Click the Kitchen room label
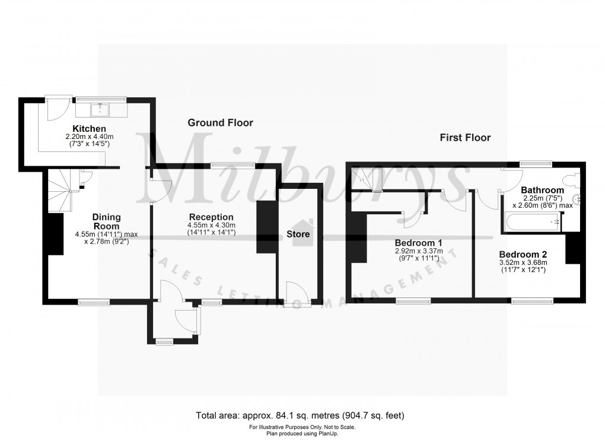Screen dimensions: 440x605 [x=89, y=129]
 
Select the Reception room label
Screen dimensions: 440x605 [x=211, y=217]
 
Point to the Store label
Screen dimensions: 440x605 [x=298, y=234]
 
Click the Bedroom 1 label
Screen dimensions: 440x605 [x=419, y=242]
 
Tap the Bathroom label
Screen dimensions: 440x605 [x=542, y=190]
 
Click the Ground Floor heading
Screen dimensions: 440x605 [x=220, y=123]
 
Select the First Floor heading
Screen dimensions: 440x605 [x=465, y=138]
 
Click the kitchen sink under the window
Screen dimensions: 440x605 [x=100, y=109]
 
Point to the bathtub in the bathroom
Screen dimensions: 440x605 [x=531, y=222]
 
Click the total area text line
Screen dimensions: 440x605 [x=302, y=415]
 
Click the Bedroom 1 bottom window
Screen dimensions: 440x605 [x=413, y=301]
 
